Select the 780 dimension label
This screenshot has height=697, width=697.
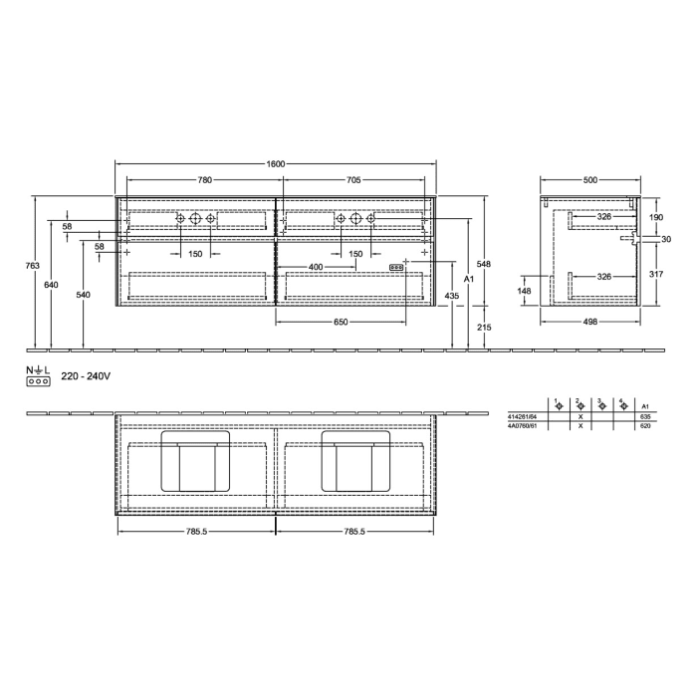[204, 180]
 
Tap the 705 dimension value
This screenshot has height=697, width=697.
[353, 180]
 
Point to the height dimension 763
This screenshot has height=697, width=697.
[32, 266]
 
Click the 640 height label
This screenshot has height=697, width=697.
[52, 286]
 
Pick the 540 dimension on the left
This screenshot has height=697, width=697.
[83, 295]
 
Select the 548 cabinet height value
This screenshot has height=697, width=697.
[483, 264]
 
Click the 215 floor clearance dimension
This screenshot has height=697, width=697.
[483, 328]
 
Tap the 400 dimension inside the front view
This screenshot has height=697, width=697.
[316, 267]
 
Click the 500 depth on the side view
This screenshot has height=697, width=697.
[590, 180]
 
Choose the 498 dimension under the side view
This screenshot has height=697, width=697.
[590, 322]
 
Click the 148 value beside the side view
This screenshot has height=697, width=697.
[525, 291]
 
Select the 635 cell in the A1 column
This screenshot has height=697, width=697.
[645, 416]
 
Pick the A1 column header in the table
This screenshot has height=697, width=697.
[645, 406]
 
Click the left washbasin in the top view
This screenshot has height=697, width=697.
[197, 460]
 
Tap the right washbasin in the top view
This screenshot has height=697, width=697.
[355, 460]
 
